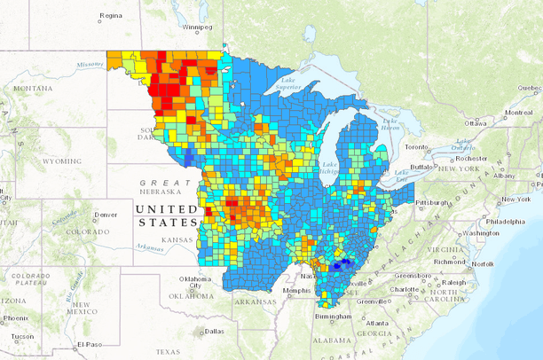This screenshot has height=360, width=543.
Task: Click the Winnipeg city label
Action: (x=199, y=27)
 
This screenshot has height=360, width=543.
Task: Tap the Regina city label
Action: (x=111, y=15)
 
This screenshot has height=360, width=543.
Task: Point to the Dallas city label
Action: (x=213, y=331)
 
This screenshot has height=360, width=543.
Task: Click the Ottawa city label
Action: (x=476, y=122)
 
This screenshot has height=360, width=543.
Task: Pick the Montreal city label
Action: (x=517, y=113)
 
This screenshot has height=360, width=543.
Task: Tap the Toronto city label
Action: (x=417, y=146)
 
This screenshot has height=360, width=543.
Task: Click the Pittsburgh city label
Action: (x=433, y=202)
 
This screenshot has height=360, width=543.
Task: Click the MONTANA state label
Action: (x=33, y=89)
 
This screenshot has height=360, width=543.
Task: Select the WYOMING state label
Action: (x=62, y=161)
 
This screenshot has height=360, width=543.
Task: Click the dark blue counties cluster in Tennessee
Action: (x=343, y=264)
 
